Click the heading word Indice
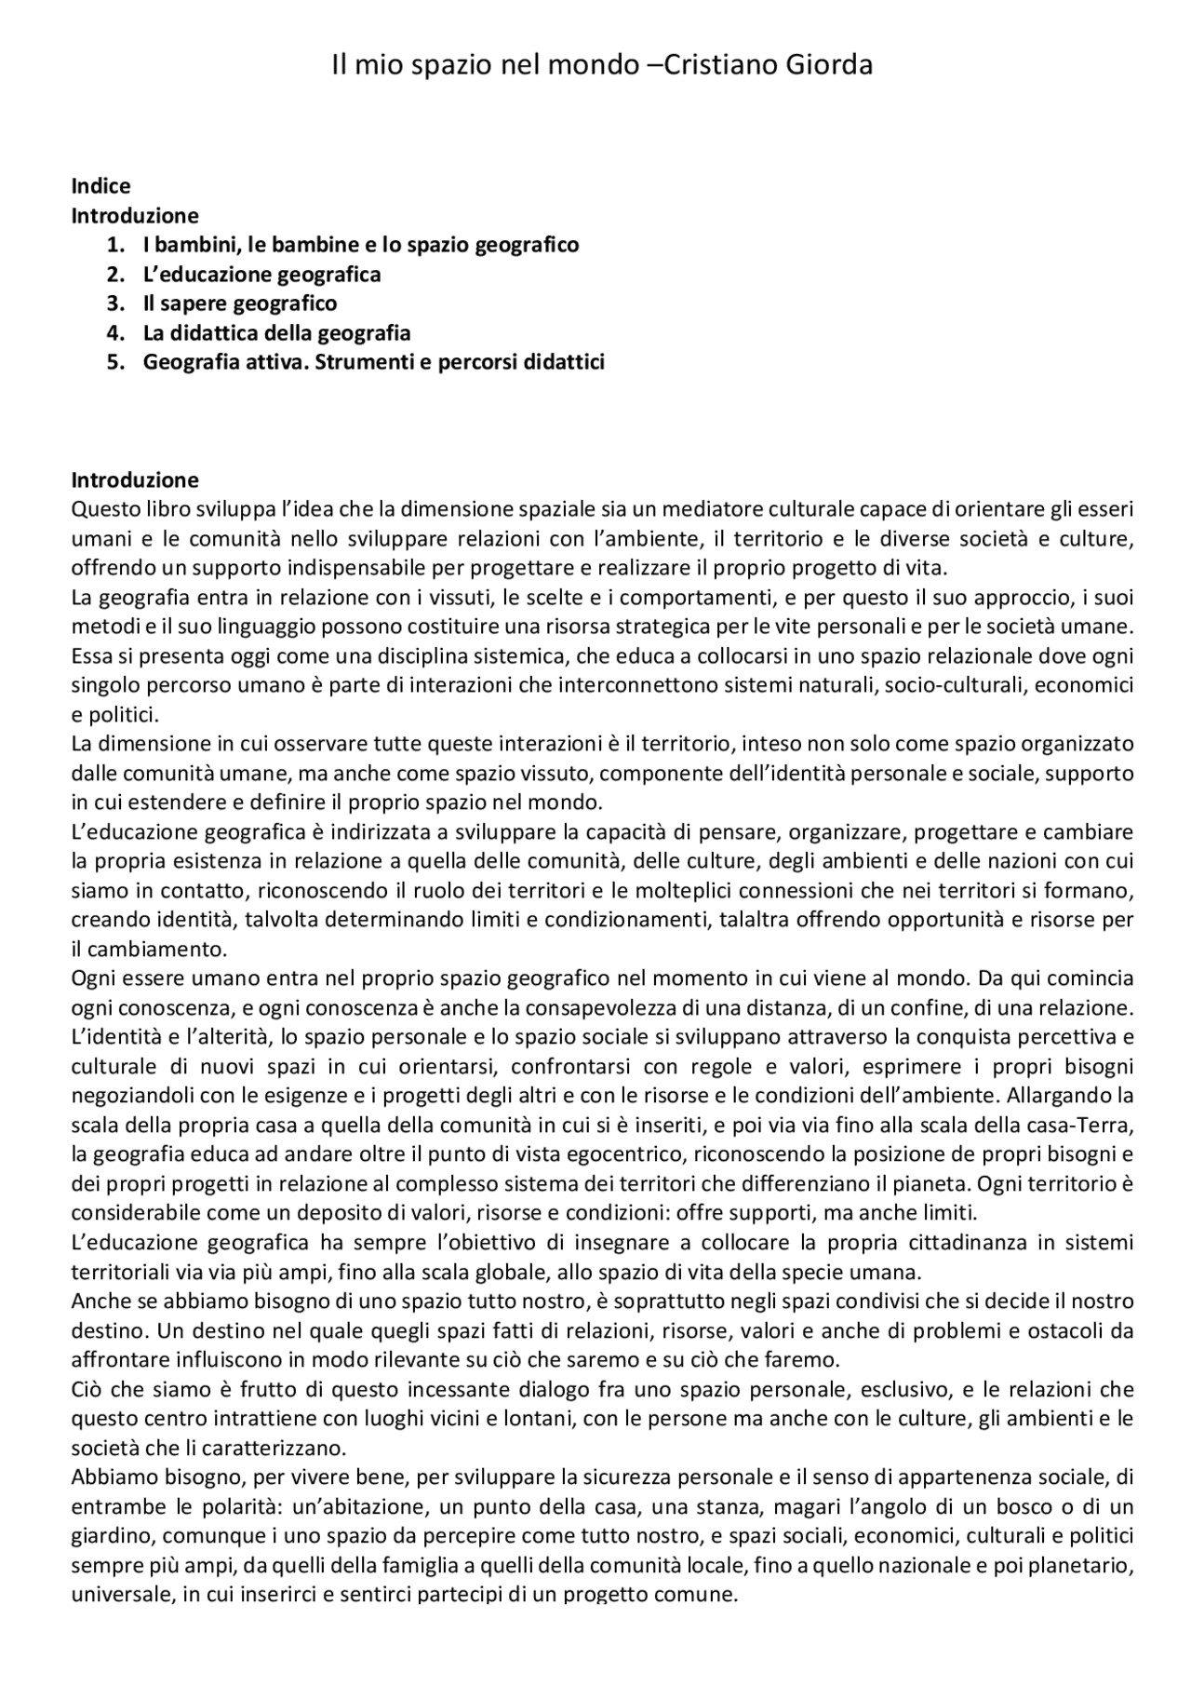point(100,186)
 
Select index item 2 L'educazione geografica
point(261,275)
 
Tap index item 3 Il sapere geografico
point(240,303)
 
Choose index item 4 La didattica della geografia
point(276,333)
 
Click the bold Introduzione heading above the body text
point(135,480)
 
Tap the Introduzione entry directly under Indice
point(135,216)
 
